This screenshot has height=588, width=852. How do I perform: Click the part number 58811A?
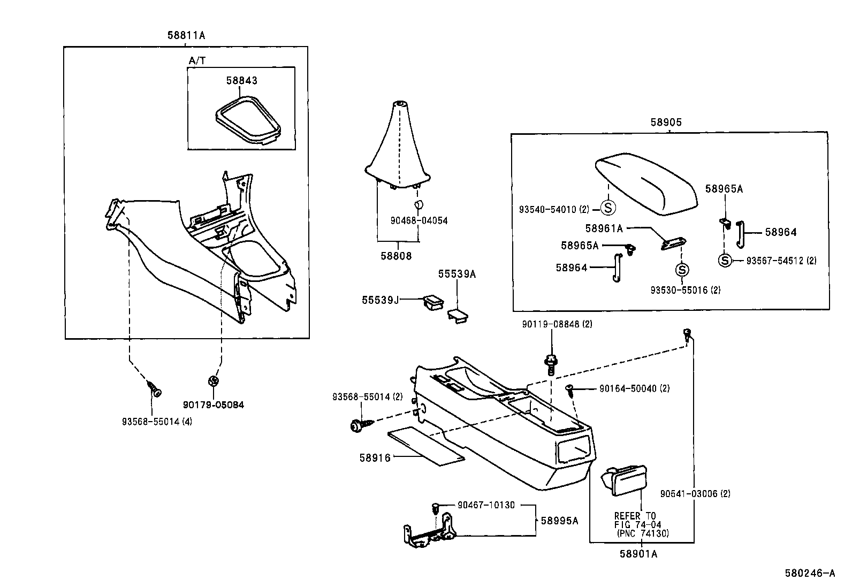click(186, 35)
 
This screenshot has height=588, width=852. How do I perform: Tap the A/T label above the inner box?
click(197, 60)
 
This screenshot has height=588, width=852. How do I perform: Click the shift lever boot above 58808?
click(398, 144)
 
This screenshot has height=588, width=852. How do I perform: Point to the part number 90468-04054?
click(419, 220)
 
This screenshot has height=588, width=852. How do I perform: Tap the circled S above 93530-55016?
click(682, 270)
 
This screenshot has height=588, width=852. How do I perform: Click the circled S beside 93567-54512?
click(724, 261)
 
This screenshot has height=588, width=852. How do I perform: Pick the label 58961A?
click(604, 228)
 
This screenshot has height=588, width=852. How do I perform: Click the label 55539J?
click(381, 300)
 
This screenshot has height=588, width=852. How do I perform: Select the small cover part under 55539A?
click(458, 316)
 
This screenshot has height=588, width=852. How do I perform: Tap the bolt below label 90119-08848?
click(549, 365)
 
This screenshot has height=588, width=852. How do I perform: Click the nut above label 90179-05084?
click(213, 380)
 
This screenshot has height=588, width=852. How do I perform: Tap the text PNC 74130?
click(643, 533)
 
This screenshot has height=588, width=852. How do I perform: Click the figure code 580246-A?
click(810, 573)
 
